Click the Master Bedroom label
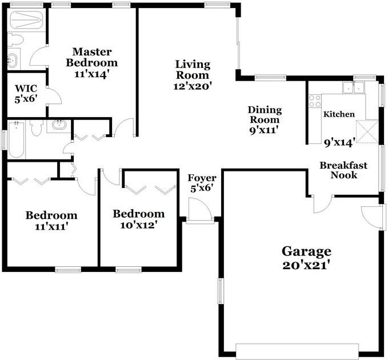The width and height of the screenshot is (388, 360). [x=91, y=57]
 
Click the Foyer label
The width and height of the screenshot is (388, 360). [x=202, y=178]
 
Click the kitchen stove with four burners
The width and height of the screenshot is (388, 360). [x=315, y=101]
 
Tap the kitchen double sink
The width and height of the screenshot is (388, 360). [x=353, y=87]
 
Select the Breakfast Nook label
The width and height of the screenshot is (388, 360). [x=343, y=170]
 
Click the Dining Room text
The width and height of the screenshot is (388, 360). [x=263, y=114]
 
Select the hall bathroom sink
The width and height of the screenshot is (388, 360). [x=58, y=125]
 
